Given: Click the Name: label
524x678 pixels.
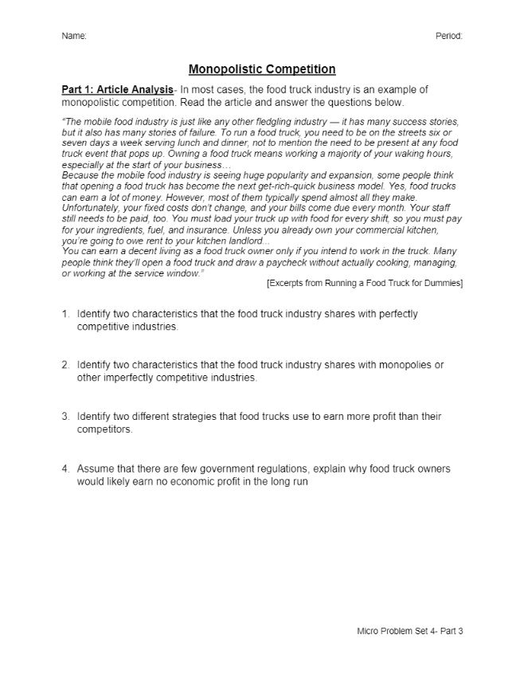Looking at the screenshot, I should pyautogui.click(x=74, y=36).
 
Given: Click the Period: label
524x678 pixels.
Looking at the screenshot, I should pyautogui.click(x=449, y=36).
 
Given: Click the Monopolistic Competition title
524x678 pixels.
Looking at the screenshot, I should pyautogui.click(x=262, y=69).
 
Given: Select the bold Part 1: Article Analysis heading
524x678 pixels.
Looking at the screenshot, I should pyautogui.click(x=117, y=90).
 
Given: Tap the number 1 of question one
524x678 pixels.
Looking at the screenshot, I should pyautogui.click(x=65, y=314).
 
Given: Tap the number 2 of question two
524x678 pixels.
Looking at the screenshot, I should pyautogui.click(x=65, y=365).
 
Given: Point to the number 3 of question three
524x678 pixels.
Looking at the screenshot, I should pyautogui.click(x=65, y=416).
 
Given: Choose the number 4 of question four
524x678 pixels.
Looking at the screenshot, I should pyautogui.click(x=65, y=469).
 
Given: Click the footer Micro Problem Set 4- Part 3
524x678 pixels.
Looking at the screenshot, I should pyautogui.click(x=409, y=631).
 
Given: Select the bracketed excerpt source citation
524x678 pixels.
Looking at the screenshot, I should pyautogui.click(x=365, y=283).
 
